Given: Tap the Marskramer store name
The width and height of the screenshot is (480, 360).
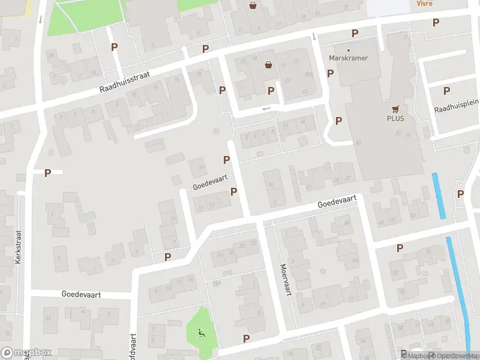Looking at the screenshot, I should click(349, 58).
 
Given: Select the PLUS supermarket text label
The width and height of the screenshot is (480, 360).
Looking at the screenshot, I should click(395, 118).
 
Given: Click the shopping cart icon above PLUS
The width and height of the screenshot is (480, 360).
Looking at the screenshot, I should click(395, 109).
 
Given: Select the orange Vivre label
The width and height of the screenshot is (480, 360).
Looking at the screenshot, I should click(424, 3).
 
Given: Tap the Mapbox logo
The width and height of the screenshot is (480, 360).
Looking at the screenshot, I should click(26, 353).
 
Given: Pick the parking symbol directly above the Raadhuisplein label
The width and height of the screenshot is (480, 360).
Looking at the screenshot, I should click(446, 91).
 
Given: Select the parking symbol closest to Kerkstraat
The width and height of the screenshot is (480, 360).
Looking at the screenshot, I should click(48, 173).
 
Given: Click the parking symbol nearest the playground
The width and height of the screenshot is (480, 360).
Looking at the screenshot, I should click(246, 339).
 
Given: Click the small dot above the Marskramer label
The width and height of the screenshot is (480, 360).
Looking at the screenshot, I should click(349, 50).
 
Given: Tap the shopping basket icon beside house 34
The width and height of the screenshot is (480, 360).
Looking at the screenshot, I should click(268, 65).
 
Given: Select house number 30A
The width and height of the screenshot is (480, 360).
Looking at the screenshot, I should click(308, 74).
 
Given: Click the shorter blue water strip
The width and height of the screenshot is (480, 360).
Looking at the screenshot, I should click(439, 196).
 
